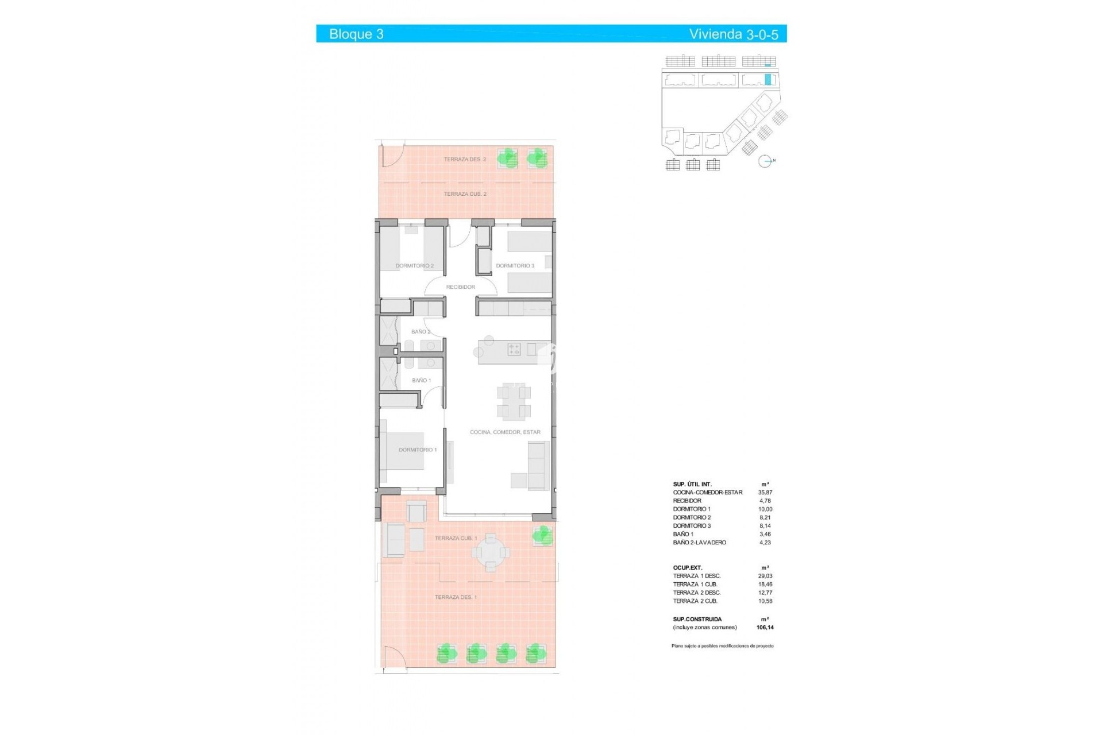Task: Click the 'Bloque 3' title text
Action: [356, 34]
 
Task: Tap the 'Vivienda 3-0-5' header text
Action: [733, 34]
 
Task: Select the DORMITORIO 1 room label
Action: [418, 450]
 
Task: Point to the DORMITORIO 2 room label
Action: [414, 266]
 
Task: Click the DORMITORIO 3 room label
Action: [515, 266]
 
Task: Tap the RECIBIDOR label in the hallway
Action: [460, 287]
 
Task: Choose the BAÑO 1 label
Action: [421, 380]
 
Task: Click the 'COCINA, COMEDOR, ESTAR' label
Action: [504, 432]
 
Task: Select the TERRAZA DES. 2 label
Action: [464, 159]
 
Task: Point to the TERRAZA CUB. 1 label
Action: [456, 538]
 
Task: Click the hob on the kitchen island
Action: [514, 349]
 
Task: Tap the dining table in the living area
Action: [513, 401]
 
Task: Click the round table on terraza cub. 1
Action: [490, 552]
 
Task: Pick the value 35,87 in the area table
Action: [765, 493]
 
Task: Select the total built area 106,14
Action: [765, 628]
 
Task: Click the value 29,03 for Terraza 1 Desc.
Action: [765, 576]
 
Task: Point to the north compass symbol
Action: [765, 161]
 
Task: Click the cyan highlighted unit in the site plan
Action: [768, 80]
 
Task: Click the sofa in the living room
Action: [539, 466]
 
